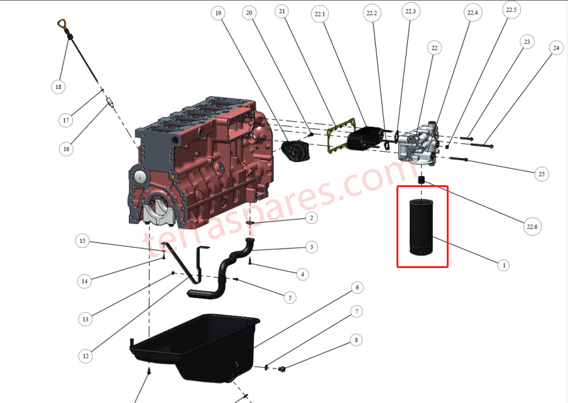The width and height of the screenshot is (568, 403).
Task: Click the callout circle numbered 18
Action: click(x=58, y=87)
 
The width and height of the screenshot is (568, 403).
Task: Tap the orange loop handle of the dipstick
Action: click(x=63, y=25)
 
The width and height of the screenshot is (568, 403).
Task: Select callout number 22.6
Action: click(x=532, y=227)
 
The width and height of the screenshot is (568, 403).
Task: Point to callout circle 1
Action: click(x=503, y=265)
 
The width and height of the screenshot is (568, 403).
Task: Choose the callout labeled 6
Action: click(x=357, y=287)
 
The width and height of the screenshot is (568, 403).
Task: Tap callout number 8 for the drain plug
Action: click(x=356, y=340)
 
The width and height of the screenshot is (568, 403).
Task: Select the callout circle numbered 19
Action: click(x=218, y=13)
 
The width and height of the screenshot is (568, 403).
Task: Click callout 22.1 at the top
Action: click(x=320, y=14)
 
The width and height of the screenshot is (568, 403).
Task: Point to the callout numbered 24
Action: click(x=555, y=47)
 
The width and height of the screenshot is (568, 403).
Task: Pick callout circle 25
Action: click(x=541, y=174)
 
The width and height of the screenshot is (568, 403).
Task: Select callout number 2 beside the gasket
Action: click(x=310, y=218)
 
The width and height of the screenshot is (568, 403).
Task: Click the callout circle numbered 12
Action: click(x=85, y=356)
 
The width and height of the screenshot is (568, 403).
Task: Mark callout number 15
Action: click(x=82, y=240)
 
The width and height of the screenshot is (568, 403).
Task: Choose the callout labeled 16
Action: click(x=66, y=149)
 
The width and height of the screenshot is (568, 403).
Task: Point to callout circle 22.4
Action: click(x=472, y=13)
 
